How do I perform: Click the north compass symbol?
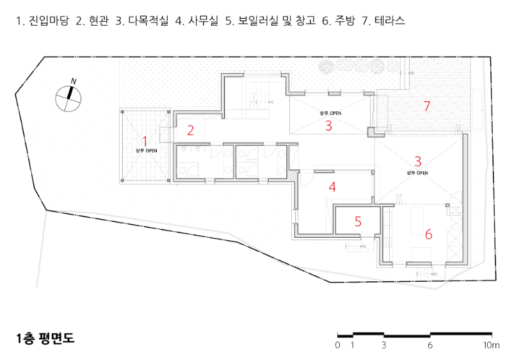(x=68, y=99)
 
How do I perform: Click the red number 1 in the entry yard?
(x=145, y=142)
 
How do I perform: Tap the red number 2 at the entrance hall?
(x=191, y=131)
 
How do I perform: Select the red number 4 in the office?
(x=332, y=187)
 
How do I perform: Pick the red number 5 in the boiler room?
(x=358, y=222)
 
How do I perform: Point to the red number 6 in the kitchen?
(x=428, y=234)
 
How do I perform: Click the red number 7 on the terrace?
(x=426, y=106)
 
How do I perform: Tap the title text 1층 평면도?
(x=45, y=338)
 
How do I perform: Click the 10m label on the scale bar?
(x=492, y=345)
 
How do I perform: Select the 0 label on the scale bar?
(x=337, y=345)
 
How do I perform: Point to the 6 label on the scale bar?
(x=430, y=345)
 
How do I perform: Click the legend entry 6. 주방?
(x=339, y=20)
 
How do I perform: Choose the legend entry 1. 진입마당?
(x=43, y=20)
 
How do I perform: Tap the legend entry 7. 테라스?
(x=383, y=20)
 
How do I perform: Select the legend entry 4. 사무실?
(x=197, y=20)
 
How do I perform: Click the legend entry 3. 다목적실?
(x=141, y=20)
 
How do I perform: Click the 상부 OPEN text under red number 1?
(x=146, y=151)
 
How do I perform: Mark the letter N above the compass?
(x=74, y=81)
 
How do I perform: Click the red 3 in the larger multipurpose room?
(x=417, y=161)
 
